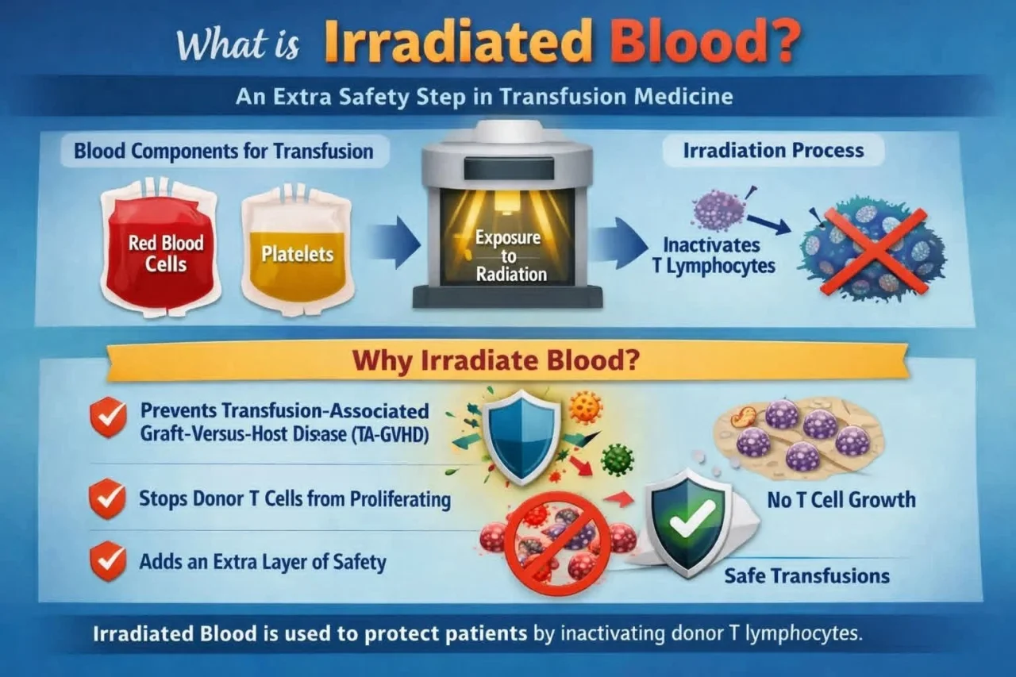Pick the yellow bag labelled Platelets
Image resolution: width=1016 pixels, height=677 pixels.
297,254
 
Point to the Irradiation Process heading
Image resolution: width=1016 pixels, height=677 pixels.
773,150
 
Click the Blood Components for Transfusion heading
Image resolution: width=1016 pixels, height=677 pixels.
223,151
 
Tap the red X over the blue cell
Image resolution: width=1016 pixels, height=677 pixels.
872,252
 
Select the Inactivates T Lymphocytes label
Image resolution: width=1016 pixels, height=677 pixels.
712,256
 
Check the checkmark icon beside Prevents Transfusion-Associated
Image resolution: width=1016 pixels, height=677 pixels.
108,418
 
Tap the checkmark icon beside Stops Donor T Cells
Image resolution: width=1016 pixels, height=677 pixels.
108,499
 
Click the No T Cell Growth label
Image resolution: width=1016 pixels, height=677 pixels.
841,500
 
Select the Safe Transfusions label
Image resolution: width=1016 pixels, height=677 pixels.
806,575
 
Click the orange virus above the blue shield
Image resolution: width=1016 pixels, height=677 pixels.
587,406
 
